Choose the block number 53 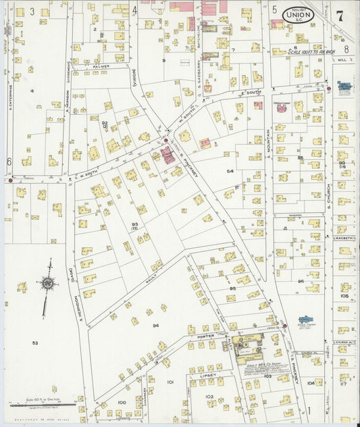click(x=34, y=343)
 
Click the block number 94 click(x=155, y=326)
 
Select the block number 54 click(x=230, y=171)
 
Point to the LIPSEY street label click(x=207, y=374)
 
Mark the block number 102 click(x=209, y=397)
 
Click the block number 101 click(x=170, y=382)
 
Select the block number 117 click(x=344, y=384)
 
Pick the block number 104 click(x=310, y=382)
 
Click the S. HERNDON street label click(x=79, y=297)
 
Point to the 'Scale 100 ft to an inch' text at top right click(x=311, y=51)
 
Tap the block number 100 click(x=121, y=402)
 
